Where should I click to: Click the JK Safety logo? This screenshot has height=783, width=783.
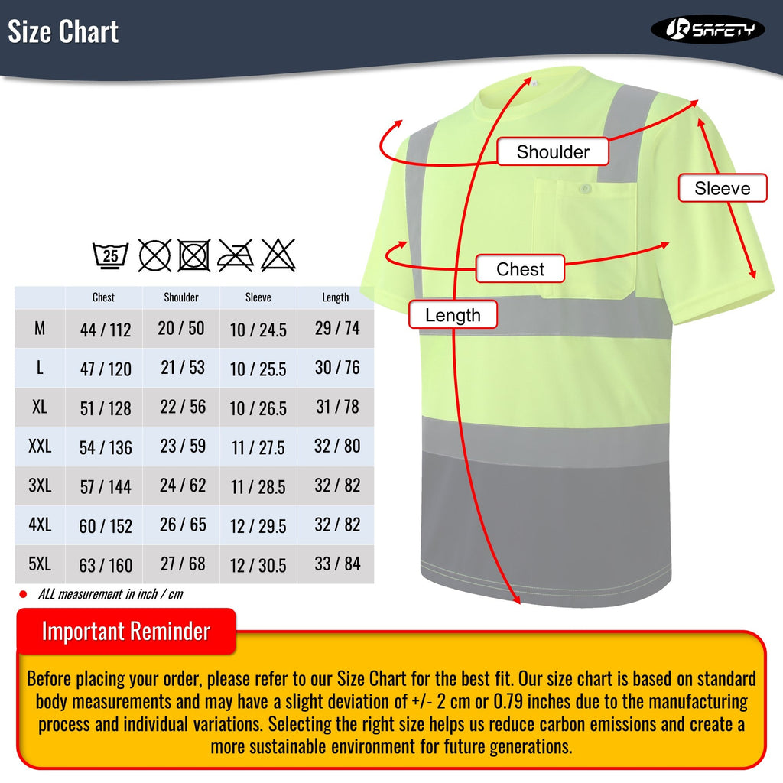coord(707,29)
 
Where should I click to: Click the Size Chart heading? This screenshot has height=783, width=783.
coord(63,32)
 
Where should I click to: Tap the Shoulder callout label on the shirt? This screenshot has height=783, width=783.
coord(553,151)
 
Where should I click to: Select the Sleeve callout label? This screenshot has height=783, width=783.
coord(722,188)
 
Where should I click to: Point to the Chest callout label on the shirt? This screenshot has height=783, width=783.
coord(520,269)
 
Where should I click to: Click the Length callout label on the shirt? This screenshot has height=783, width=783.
coord(453,314)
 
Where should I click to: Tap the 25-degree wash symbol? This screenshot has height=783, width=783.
coord(111,255)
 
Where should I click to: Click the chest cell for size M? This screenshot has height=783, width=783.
coord(106,330)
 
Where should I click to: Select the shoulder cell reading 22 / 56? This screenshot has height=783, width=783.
coord(182,407)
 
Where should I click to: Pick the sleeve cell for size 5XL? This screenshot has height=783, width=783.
coord(258,566)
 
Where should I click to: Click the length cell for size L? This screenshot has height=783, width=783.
coord(336,367)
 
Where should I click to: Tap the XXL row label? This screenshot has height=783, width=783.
coord(40,446)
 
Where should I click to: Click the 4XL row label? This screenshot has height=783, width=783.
coord(40,525)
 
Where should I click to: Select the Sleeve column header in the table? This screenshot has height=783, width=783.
coord(258,297)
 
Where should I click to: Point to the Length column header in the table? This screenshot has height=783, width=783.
coord(336,297)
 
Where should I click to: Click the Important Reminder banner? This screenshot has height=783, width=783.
coord(126,632)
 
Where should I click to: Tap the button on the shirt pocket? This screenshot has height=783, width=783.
coord(586,187)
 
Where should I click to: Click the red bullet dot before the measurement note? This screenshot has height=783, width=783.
coord(23,594)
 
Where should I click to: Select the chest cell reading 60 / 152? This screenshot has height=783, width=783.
coord(106,526)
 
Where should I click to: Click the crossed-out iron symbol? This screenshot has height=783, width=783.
coord(236,255)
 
